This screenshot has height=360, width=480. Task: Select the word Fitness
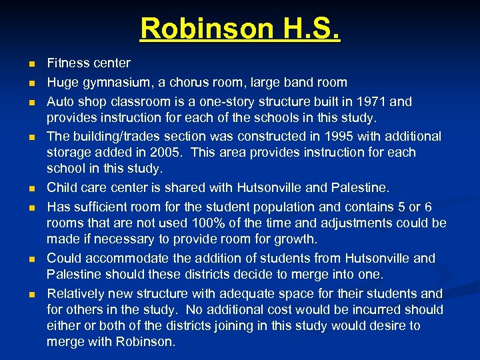69,63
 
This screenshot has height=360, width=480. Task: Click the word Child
61,187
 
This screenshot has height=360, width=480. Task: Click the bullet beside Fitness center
31,65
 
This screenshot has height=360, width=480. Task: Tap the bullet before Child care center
31,189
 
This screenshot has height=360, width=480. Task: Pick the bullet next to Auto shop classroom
31,103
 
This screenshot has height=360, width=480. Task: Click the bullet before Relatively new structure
31,294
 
